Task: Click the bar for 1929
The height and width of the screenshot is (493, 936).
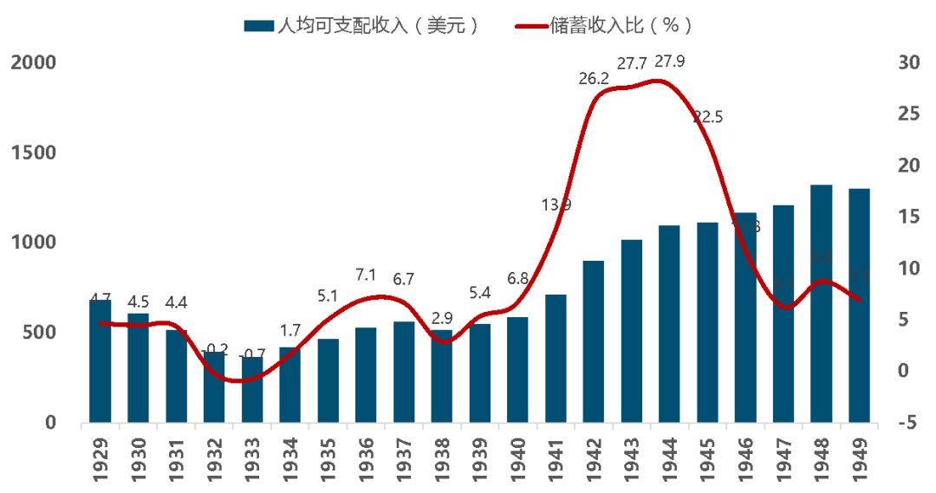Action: click(x=101, y=361)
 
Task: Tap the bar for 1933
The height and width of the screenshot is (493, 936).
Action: click(x=252, y=390)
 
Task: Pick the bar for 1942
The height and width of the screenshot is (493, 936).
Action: click(x=593, y=341)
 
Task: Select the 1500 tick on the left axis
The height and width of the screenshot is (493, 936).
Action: click(x=32, y=152)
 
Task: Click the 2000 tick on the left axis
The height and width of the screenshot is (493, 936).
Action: click(x=32, y=62)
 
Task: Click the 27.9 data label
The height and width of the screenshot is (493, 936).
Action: click(x=671, y=62)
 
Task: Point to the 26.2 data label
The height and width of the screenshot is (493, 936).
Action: click(x=594, y=79)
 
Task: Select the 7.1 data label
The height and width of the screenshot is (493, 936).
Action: click(x=365, y=276)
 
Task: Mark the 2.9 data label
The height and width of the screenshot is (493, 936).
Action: click(x=443, y=317)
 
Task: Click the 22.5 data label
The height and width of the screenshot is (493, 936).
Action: click(x=708, y=118)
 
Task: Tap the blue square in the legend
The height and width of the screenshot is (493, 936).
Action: click(x=257, y=26)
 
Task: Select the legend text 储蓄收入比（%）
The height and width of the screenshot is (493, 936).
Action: click(x=621, y=26)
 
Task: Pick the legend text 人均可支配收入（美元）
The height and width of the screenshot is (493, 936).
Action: click(x=377, y=26)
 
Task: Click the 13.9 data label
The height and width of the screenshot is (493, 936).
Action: click(x=556, y=205)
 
